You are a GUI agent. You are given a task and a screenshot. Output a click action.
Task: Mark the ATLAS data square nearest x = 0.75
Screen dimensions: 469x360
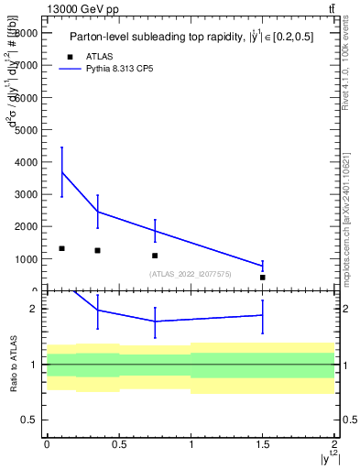point(155,256)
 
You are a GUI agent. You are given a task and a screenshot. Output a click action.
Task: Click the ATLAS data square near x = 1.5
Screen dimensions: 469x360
point(263,277)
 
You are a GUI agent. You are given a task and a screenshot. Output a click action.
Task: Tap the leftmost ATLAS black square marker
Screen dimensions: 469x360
point(61,248)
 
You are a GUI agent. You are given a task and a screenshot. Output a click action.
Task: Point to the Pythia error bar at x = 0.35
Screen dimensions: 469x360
point(97,212)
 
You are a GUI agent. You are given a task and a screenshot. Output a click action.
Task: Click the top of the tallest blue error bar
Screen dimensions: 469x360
point(61,147)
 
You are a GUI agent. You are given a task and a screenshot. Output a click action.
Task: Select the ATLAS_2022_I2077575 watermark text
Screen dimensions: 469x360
point(191,274)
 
